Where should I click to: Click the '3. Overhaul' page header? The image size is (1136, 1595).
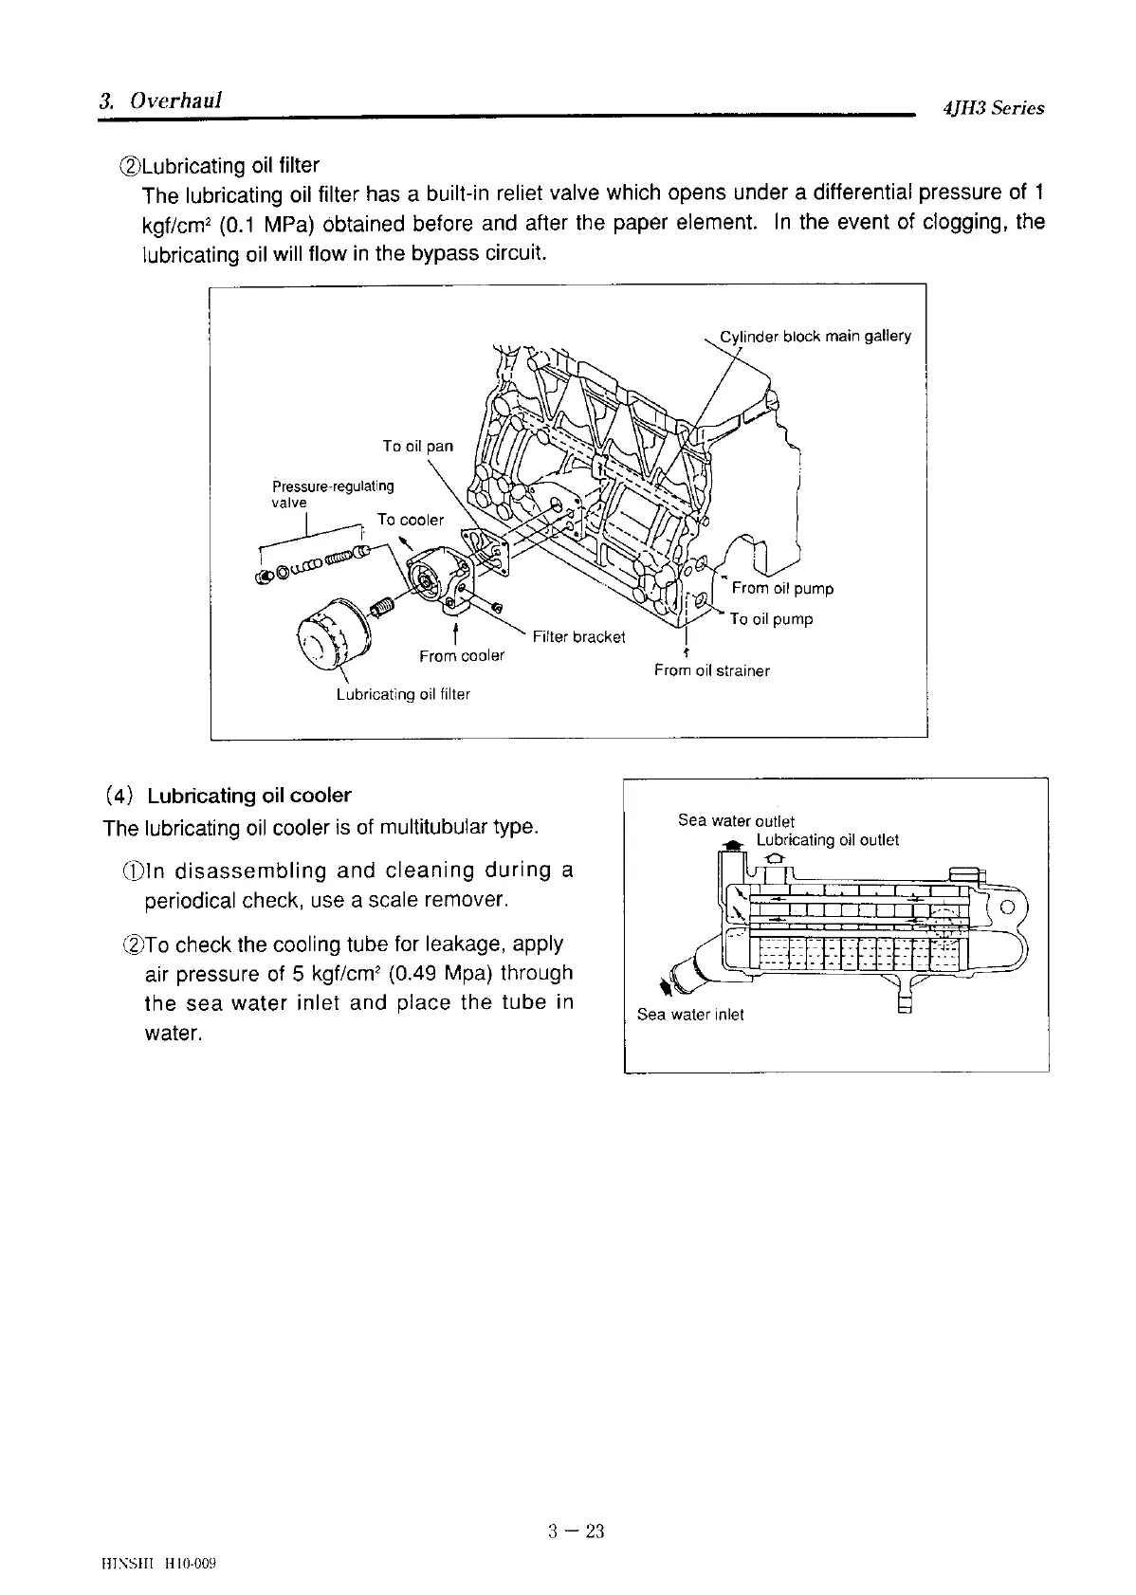(160, 101)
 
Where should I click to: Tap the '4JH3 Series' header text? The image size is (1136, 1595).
(993, 108)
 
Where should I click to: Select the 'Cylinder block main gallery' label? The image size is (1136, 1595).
(815, 336)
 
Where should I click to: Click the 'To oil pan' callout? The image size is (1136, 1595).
(417, 446)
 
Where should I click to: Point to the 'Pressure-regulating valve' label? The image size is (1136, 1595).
(332, 493)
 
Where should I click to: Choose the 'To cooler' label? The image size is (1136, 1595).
(410, 520)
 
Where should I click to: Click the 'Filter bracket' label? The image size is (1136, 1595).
(578, 636)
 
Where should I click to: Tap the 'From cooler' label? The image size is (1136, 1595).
(462, 655)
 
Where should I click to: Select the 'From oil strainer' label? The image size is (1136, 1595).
(711, 670)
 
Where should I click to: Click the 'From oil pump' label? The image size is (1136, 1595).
(782, 588)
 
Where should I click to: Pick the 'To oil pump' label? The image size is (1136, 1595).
(771, 619)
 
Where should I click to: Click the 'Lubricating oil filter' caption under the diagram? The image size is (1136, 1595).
(403, 694)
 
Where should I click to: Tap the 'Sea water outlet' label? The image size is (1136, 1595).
(736, 821)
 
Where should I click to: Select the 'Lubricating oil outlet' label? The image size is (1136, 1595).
(827, 840)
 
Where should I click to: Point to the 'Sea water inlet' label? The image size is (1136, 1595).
(690, 1015)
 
